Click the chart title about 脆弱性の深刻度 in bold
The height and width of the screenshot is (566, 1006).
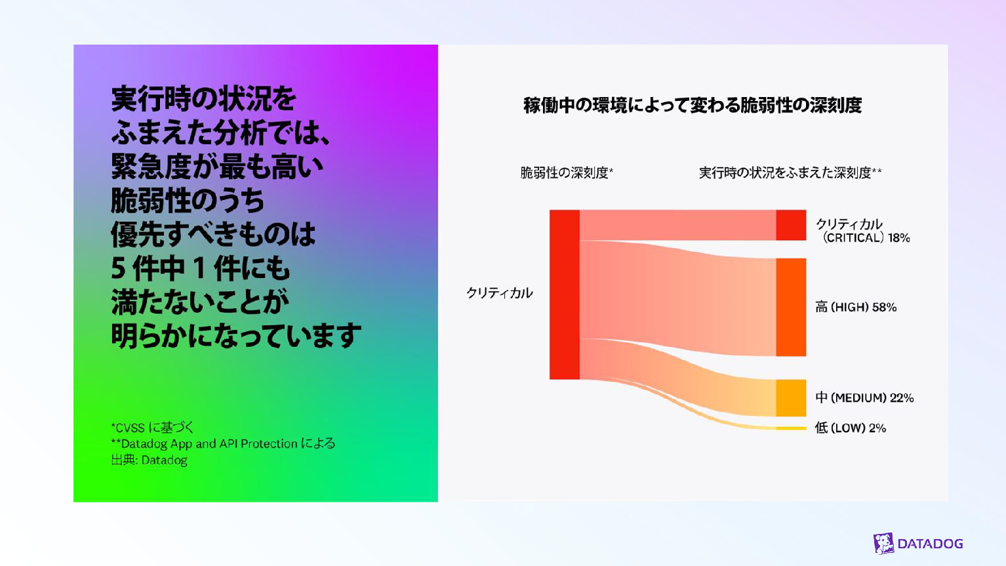point(693,106)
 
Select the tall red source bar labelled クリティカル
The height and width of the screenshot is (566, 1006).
point(565,294)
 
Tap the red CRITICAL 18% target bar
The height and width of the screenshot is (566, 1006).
point(791,225)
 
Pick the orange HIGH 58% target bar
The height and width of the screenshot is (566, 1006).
point(791,307)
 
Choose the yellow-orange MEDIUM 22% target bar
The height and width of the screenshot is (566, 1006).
point(791,398)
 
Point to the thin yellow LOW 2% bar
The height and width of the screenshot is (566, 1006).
point(791,428)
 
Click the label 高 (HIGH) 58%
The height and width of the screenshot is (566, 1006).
point(856,307)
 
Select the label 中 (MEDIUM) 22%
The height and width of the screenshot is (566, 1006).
point(864,398)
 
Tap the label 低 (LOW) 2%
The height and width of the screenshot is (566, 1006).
point(851,428)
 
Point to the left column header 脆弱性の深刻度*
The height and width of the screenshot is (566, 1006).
point(567,172)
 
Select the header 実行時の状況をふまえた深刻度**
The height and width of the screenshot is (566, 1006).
point(790,172)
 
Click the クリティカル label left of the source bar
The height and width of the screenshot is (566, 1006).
point(500,293)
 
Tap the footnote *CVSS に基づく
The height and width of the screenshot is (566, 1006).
point(152,427)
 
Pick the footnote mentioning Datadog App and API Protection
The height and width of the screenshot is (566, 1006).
point(223,444)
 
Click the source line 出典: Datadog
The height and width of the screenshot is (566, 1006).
point(149,460)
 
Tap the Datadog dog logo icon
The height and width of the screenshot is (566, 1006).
point(883,544)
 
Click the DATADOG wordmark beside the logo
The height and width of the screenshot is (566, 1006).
point(930,544)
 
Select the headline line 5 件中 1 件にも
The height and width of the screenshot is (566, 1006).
point(200,268)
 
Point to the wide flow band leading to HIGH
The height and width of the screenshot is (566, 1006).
point(677,298)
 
